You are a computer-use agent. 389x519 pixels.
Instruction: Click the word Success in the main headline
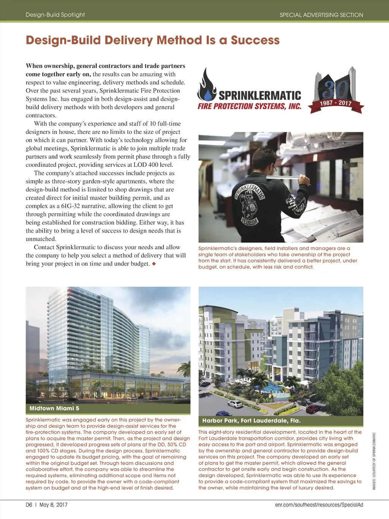[255, 40]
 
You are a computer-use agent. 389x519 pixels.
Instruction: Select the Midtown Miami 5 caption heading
[54, 408]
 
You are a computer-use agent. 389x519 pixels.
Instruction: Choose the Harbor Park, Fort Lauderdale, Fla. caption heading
[251, 421]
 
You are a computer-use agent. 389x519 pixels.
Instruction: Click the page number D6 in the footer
[29, 505]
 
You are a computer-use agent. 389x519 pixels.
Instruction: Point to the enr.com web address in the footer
[319, 505]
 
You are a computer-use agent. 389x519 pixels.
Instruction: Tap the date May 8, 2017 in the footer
[54, 505]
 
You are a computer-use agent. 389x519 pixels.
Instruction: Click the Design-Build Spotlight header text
[55, 15]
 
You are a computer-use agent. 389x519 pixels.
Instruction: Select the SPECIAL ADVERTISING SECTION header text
[321, 15]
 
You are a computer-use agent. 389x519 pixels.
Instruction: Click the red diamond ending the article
[154, 263]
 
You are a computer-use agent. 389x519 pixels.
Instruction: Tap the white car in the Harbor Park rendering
[234, 404]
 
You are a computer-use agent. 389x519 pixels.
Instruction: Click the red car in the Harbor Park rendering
[313, 409]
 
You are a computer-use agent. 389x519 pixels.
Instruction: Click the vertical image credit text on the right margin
[374, 461]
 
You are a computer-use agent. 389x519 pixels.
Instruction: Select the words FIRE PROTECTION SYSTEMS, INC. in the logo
[249, 106]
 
